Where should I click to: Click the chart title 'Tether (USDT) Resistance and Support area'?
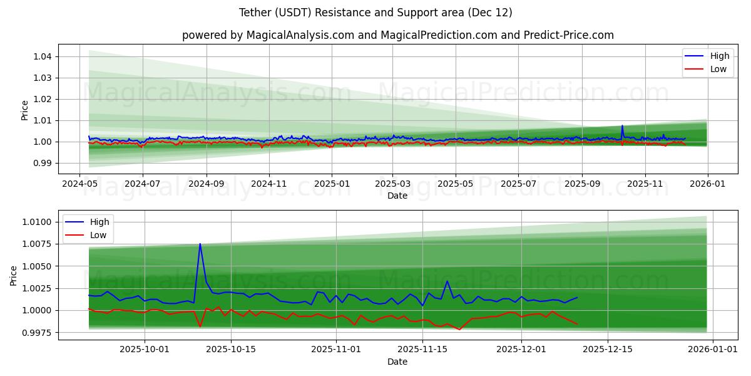click(x=375, y=13)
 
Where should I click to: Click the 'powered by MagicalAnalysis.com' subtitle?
click(x=397, y=35)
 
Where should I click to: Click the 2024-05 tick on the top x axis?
click(x=79, y=184)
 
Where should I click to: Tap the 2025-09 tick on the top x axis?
click(x=581, y=184)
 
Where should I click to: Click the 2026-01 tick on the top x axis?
click(x=708, y=184)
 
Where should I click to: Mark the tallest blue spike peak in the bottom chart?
click(x=200, y=244)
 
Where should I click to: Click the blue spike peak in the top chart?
click(x=622, y=126)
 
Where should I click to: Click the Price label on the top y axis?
click(x=25, y=110)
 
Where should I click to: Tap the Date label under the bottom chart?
click(x=397, y=362)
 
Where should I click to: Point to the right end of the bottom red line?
click(x=577, y=324)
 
